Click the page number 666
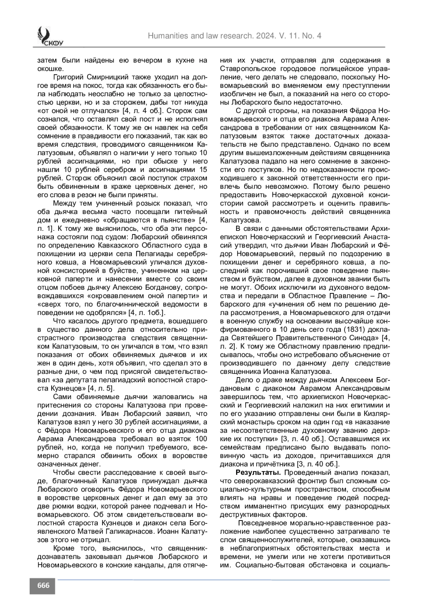pyautogui.click(x=43, y=586)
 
